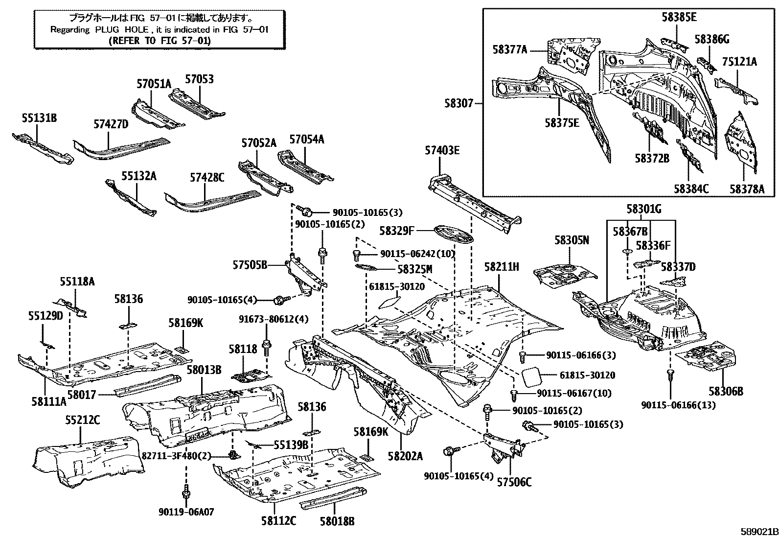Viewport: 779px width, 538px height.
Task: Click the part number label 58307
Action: [458, 103]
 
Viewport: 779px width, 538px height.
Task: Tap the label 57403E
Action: [442, 150]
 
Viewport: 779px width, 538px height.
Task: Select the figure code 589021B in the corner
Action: [759, 532]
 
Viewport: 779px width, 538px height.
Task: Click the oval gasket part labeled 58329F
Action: [455, 235]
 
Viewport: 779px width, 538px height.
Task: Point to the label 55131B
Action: [39, 118]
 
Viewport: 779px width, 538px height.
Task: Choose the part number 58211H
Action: [502, 267]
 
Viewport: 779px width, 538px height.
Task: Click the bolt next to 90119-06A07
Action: [186, 494]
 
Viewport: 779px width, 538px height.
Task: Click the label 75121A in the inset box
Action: [739, 62]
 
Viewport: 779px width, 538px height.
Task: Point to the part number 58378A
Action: [747, 189]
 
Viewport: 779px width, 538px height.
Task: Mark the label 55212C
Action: [82, 420]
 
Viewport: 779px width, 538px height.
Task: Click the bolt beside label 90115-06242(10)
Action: [356, 255]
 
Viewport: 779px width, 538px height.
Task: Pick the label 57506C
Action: [514, 482]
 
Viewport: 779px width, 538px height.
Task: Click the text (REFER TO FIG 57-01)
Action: [160, 41]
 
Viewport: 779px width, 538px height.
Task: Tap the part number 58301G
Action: [644, 209]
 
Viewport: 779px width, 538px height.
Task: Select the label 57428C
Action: [207, 178]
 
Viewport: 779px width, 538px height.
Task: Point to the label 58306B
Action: [726, 392]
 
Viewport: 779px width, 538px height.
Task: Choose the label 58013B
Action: [204, 370]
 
